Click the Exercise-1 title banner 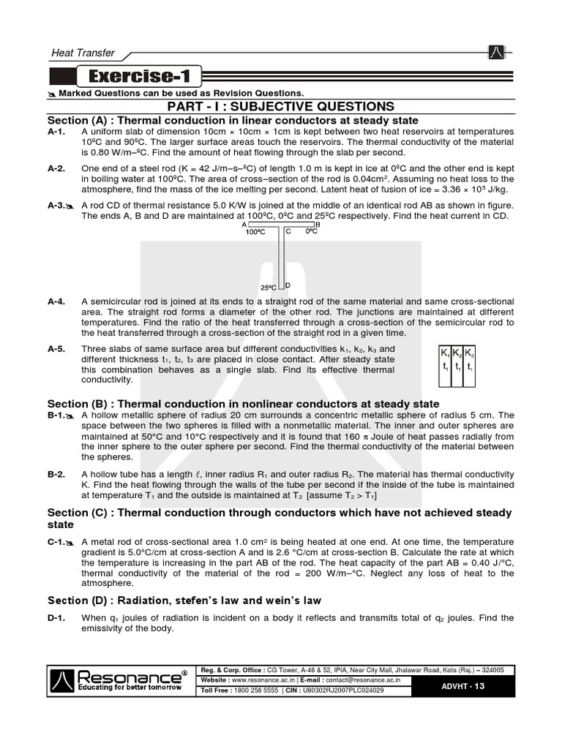(x=138, y=77)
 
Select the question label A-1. (x=56, y=132)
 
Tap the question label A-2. (x=56, y=169)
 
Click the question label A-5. (x=56, y=349)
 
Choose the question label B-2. (x=56, y=475)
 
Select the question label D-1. (x=56, y=618)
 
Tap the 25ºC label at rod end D (x=268, y=287)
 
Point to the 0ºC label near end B (x=310, y=232)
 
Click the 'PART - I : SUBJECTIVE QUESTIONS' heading (x=281, y=107)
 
